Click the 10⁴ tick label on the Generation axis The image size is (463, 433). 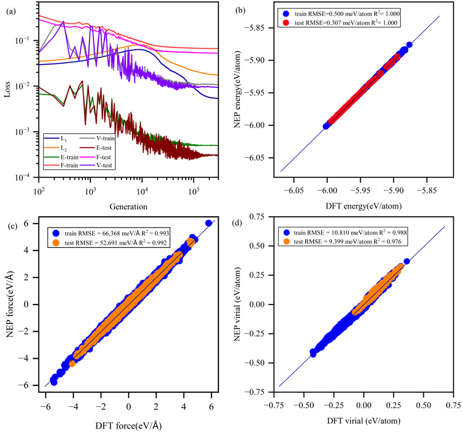(x=142, y=191)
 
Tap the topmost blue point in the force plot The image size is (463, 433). (x=208, y=223)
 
